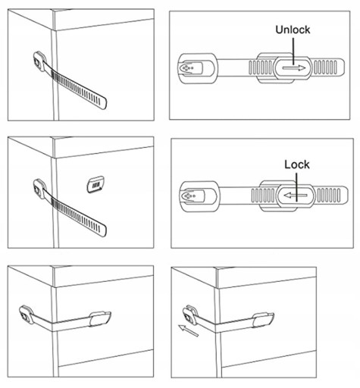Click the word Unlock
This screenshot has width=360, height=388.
pos(293,30)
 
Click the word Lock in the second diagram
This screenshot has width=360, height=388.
pos(297,164)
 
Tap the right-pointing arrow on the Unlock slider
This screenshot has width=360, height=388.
pos(294,68)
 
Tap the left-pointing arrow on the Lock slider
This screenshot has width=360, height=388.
pos(296,196)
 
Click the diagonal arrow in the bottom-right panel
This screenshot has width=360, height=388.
pos(188,330)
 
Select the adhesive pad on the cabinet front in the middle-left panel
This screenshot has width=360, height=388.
pos(95,185)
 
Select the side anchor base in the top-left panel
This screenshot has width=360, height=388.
pos(39,61)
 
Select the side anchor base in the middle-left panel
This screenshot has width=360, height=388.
pos(39,189)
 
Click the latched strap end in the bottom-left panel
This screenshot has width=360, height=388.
pos(100,319)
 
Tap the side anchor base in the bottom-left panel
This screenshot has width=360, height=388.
pos(26,315)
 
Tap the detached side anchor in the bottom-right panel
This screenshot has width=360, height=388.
pos(189,315)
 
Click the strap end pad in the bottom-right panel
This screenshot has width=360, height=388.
pos(264,320)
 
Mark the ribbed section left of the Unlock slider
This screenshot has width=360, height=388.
pos(261,67)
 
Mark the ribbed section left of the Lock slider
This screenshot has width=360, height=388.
pos(264,196)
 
